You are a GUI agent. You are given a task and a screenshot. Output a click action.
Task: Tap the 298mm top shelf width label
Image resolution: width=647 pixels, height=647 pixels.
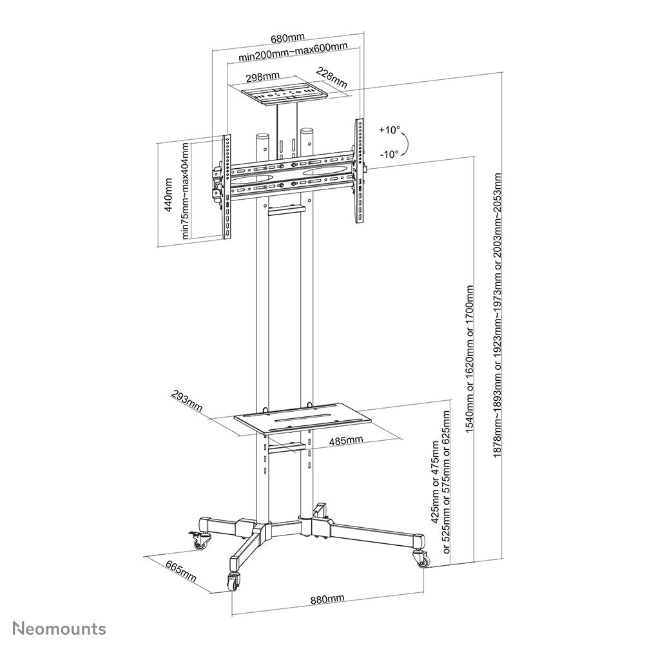pyautogui.click(x=262, y=77)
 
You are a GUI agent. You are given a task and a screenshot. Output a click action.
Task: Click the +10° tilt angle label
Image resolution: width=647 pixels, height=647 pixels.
pyautogui.click(x=389, y=130)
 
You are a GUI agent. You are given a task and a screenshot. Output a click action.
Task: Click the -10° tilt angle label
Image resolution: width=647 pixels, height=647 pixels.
pyautogui.click(x=389, y=153)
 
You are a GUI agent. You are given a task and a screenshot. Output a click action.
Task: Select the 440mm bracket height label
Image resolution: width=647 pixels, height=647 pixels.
pyautogui.click(x=169, y=195)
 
